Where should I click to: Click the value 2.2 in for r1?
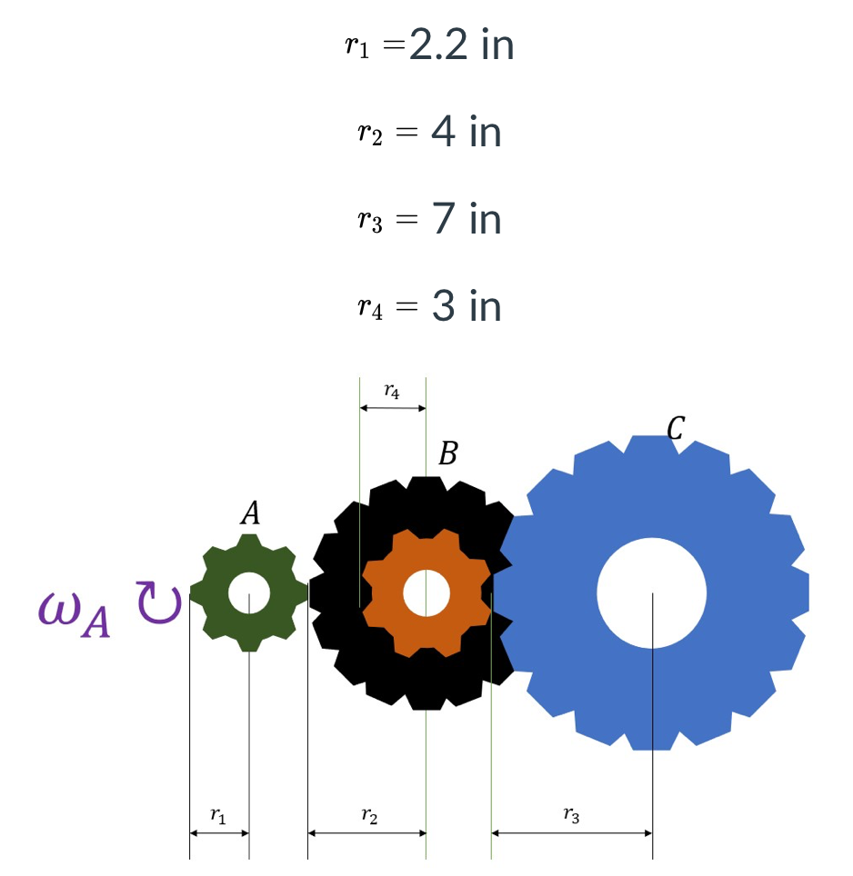coord(461,45)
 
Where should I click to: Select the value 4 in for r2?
coord(467,133)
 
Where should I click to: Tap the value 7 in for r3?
coord(467,220)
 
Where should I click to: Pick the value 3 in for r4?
coord(467,307)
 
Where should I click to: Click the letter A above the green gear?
coord(250,514)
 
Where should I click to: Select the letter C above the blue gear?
coord(675,427)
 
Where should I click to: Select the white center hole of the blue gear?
coord(652,592)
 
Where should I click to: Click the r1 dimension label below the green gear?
coord(217,816)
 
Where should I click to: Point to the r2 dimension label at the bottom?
coord(368,816)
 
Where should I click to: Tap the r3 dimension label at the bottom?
coord(571,816)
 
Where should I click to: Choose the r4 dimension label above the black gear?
coord(391,392)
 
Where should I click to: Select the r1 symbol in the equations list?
coord(358,47)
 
